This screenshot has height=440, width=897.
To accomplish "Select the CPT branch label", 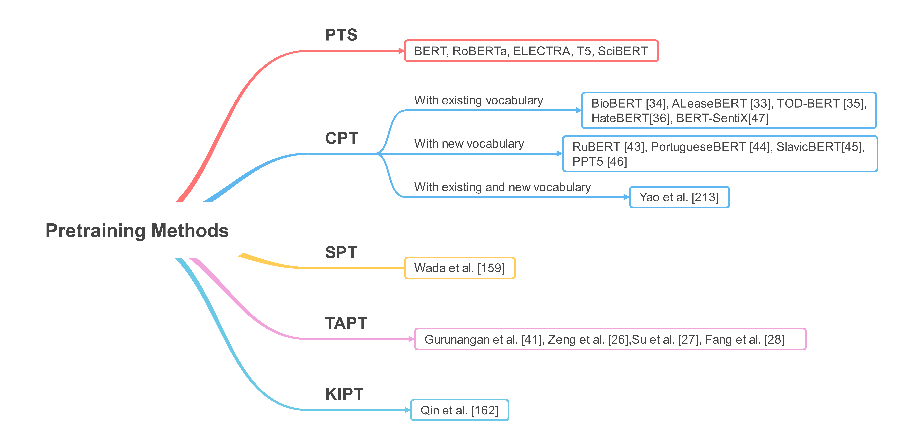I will [x=342, y=138].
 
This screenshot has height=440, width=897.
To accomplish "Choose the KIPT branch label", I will [x=344, y=394].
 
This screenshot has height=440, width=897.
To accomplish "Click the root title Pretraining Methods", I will [x=137, y=231].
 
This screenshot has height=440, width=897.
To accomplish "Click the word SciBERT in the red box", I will [x=623, y=51].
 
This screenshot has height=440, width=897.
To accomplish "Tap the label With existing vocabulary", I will [x=478, y=100].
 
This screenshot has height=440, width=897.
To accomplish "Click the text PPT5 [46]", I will [x=599, y=162].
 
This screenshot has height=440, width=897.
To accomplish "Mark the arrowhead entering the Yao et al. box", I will [x=626, y=197].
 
